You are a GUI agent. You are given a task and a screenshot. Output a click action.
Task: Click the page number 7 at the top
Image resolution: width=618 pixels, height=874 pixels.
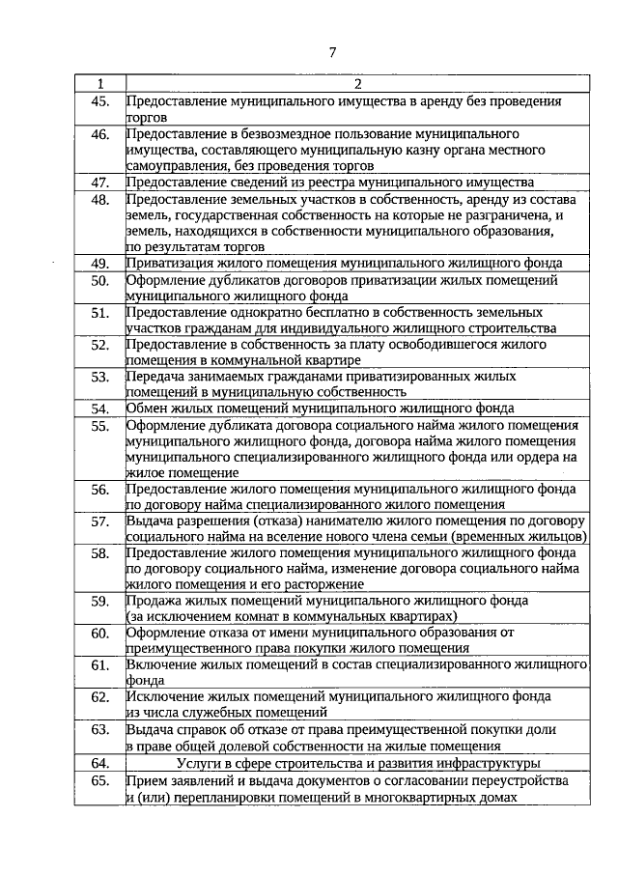point(331,50)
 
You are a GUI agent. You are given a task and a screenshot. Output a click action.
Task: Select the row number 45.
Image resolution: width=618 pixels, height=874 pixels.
point(99,100)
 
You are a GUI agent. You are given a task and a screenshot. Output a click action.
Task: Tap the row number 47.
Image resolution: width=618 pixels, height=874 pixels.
point(99,182)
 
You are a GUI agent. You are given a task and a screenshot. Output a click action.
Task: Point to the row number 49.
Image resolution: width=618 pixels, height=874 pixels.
point(99,263)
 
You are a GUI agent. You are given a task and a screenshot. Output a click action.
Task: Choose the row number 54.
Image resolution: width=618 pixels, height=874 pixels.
point(99,409)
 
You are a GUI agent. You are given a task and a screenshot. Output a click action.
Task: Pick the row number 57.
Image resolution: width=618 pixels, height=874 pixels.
point(99,522)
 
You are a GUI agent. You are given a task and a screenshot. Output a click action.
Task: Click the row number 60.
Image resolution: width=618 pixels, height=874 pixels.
point(99,634)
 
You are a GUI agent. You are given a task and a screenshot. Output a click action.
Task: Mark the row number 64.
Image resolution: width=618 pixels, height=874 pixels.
point(99,763)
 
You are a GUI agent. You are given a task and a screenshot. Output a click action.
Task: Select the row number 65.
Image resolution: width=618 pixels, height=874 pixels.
point(99,780)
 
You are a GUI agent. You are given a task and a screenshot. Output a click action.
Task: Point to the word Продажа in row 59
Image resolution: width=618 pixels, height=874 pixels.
point(153,600)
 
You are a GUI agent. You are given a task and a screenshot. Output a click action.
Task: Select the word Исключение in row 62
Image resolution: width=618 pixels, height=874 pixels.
point(162,696)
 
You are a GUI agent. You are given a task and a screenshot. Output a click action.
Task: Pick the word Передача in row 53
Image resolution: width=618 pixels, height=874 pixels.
point(156,377)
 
